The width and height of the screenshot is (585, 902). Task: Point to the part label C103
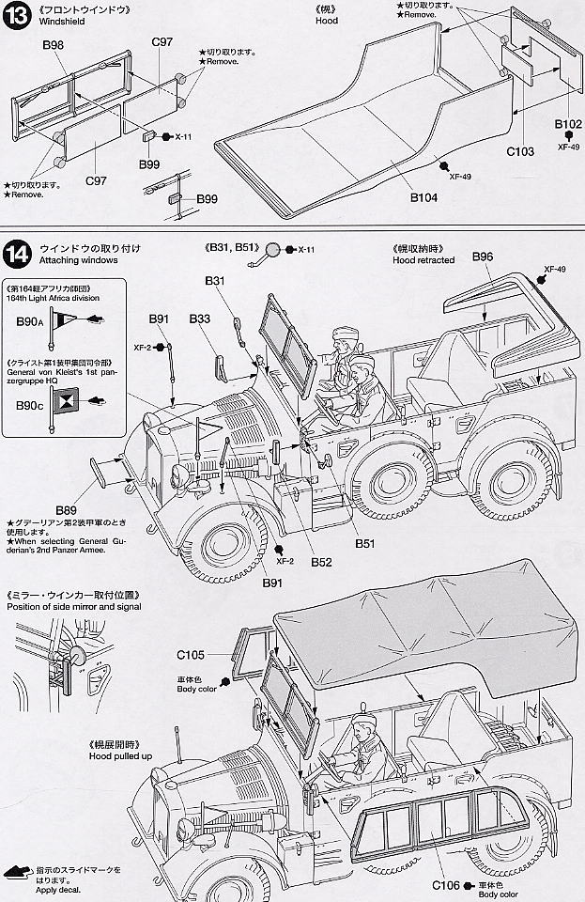tap(520, 151)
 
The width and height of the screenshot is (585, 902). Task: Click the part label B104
tap(424, 197)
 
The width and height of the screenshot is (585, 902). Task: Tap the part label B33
tap(199, 319)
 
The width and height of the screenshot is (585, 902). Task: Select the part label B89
tap(66, 509)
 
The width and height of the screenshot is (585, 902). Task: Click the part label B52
tap(321, 563)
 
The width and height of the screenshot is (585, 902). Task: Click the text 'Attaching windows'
tap(78, 260)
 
